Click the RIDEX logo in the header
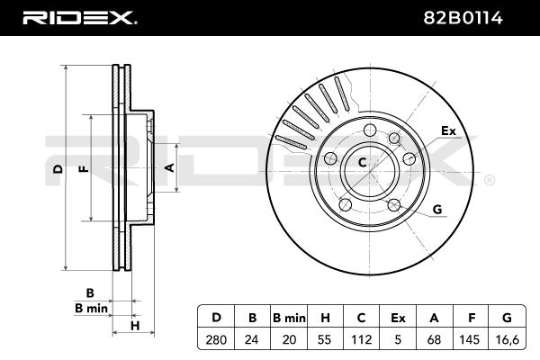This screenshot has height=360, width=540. coord(79,18)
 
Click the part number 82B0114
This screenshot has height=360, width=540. coord(463,18)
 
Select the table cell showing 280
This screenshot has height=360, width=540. coord(216,339)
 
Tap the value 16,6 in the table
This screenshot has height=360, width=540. coord(508,339)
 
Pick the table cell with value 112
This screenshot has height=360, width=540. coord(361,339)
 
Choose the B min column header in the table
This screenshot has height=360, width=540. coord(289,318)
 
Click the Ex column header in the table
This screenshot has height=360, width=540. coord(398,318)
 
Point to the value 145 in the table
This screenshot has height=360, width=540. coord(470,339)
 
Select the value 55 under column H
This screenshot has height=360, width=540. coord(325,339)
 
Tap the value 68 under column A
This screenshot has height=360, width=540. coord(434,339)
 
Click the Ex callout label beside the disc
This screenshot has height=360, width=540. coord(448,130)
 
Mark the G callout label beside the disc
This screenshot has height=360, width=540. coord(437,210)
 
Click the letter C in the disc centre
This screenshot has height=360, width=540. coord(363,162)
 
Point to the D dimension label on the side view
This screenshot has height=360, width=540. coord(58,169)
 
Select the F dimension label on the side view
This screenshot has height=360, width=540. coord(84,169)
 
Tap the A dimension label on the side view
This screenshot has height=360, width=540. coord(170,167)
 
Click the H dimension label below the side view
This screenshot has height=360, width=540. coord(135,326)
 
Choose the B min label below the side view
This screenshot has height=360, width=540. coord(91,308)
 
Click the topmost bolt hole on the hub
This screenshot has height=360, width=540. coord(370,130)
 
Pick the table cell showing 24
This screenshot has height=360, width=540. coord(252,339)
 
